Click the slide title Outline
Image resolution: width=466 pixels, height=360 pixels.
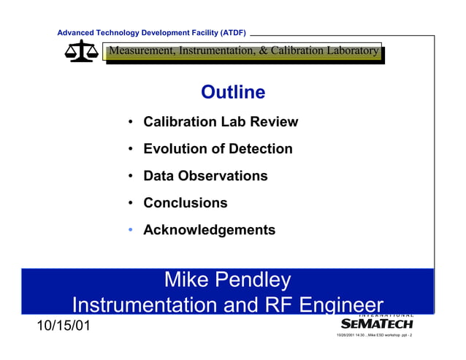pyautogui.click(x=232, y=92)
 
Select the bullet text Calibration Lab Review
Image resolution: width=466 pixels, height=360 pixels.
pyautogui.click(x=221, y=122)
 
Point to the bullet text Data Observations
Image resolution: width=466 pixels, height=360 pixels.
pyautogui.click(x=205, y=176)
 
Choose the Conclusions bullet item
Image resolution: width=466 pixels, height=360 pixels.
pyautogui.click(x=185, y=203)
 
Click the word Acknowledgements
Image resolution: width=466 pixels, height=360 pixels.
pyautogui.click(x=209, y=230)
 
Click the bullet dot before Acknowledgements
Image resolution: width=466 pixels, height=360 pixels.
pyautogui.click(x=129, y=230)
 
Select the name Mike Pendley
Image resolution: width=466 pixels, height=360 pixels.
pyautogui.click(x=227, y=280)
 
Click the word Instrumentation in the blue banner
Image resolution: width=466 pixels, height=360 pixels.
pyautogui.click(x=148, y=305)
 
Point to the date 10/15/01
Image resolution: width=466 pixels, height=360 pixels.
pyautogui.click(x=64, y=325)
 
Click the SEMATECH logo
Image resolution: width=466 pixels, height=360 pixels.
pyautogui.click(x=378, y=322)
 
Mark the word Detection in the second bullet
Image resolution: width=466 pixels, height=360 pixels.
pyautogui.click(x=261, y=149)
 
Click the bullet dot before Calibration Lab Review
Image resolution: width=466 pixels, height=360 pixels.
pyautogui.click(x=129, y=122)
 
